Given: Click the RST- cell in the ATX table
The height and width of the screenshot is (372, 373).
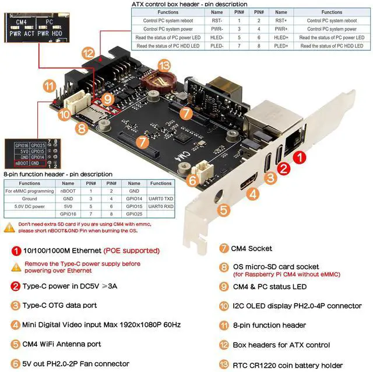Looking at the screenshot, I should point(217,20).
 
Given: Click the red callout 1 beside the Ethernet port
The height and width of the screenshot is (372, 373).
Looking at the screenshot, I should point(298,157).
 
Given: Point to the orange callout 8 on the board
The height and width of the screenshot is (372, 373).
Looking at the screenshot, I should point(81,128).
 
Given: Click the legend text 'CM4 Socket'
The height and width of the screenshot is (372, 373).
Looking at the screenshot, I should point(252,249).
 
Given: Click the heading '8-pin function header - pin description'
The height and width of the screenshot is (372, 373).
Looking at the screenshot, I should point(58,174).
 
